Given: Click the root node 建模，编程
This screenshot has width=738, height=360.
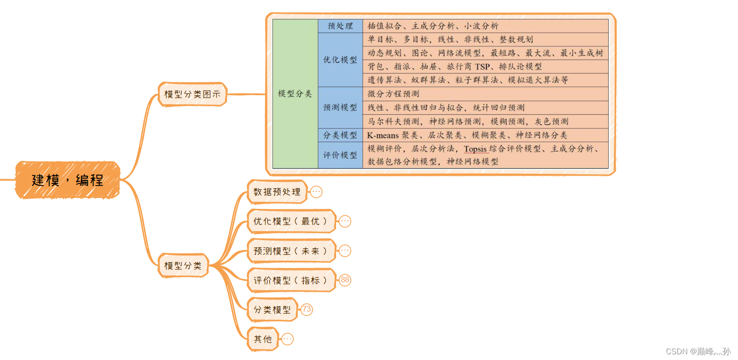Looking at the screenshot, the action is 67,180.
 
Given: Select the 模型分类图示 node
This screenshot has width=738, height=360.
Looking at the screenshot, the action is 192,94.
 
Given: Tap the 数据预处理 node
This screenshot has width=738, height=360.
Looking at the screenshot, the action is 277,192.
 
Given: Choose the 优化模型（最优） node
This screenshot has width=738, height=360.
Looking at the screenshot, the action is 291,221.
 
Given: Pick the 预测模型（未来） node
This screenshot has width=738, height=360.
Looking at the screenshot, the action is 291,251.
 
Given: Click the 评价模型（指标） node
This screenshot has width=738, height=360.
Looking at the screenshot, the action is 291,280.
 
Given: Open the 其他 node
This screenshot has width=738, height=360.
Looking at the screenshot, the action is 263,339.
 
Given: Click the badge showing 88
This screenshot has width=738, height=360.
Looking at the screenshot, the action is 345,280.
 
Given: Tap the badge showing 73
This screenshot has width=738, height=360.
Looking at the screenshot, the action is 307,310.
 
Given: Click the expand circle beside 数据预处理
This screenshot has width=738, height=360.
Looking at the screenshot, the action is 316,192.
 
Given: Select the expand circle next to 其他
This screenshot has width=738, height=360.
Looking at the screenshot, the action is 287,339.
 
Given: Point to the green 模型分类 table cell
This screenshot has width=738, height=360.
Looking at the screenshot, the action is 295,94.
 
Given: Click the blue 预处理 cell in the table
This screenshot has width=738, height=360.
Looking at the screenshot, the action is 340,26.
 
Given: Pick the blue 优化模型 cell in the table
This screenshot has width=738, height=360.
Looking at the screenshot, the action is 340,60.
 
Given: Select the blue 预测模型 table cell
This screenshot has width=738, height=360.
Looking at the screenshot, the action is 340,108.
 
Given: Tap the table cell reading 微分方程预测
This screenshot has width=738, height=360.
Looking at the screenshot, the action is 393,94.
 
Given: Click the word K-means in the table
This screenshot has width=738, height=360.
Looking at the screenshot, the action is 383,135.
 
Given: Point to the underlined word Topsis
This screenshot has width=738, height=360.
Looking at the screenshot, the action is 475,149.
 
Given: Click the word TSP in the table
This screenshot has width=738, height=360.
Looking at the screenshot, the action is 482,67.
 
